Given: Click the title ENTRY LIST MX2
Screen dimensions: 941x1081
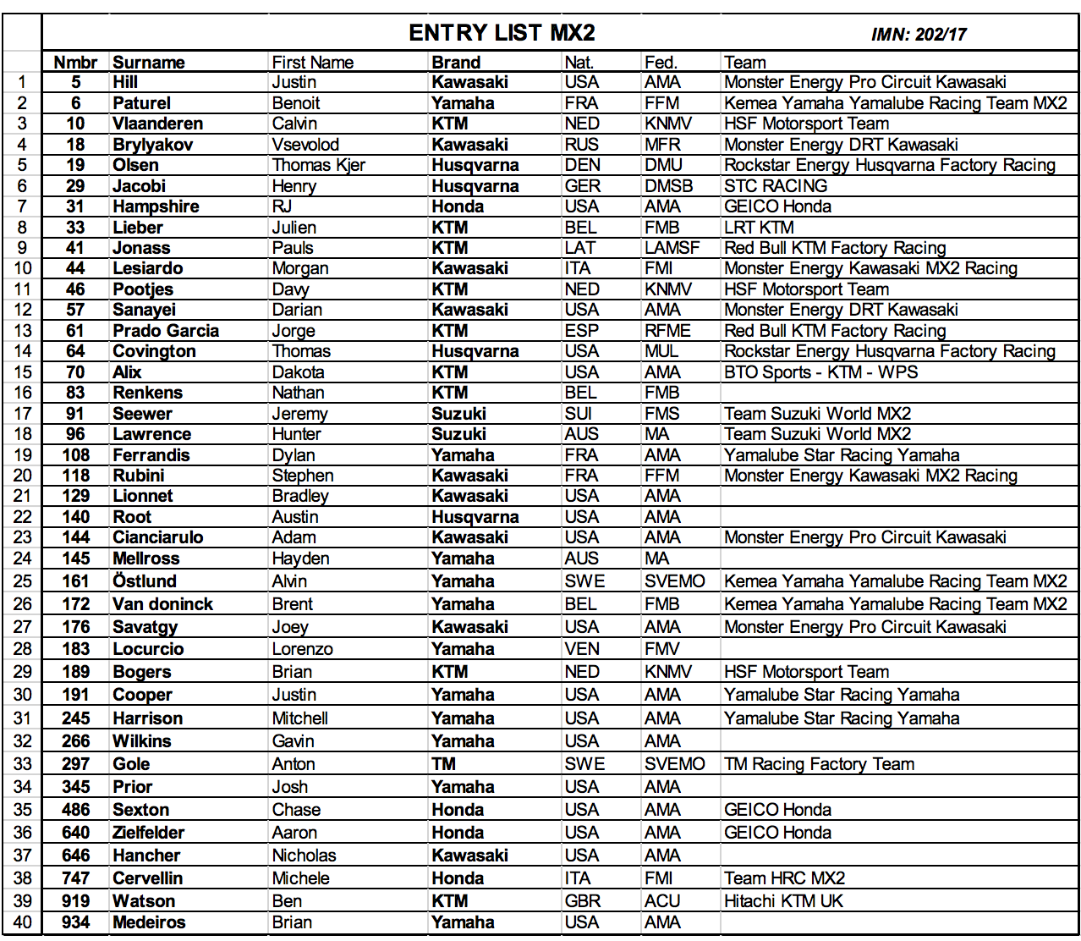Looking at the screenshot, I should point(502,33).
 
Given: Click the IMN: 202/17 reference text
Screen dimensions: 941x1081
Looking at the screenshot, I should point(919,35).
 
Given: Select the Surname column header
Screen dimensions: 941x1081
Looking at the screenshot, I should point(149,63).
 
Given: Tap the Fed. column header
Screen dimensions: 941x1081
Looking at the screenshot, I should point(661,63).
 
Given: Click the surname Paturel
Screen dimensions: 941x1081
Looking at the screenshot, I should point(142,103).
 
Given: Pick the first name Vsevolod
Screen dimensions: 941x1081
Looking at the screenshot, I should point(305,145).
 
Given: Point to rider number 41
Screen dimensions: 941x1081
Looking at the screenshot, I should point(75,248).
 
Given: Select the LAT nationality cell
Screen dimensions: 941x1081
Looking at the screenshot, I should point(580,248).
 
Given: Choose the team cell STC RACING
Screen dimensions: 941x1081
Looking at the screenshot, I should point(776,186).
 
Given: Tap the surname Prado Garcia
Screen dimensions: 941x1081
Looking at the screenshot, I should point(166,331).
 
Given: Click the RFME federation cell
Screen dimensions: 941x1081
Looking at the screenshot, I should point(667,331).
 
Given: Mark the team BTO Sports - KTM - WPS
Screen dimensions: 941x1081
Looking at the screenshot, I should point(820,372).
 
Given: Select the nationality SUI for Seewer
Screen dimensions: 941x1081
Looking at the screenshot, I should point(579,414).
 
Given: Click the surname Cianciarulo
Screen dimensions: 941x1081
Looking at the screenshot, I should point(158,537).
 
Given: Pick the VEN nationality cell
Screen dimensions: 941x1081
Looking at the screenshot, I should point(582,649).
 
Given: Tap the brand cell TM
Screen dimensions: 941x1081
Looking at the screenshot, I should point(443,764).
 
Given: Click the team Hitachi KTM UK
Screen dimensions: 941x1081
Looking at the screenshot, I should point(783,901).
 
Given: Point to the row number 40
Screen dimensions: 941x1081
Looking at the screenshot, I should point(23,922).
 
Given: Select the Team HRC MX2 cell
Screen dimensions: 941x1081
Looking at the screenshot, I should point(784,878).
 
